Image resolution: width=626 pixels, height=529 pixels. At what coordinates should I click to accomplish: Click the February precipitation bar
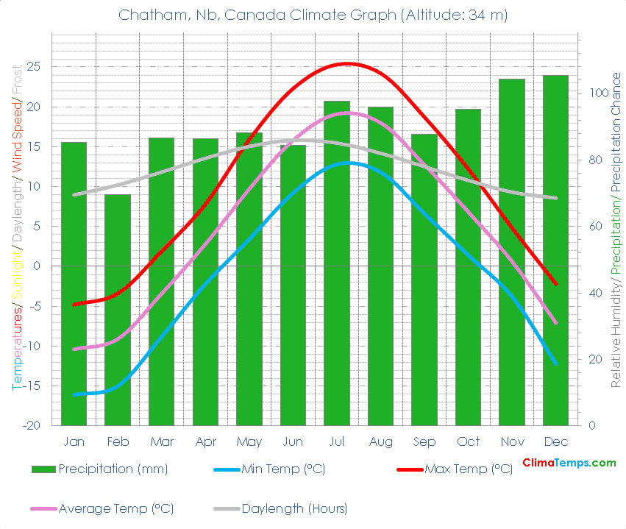coord(118,309)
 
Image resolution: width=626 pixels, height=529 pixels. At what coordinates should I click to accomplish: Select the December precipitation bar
coord(556,250)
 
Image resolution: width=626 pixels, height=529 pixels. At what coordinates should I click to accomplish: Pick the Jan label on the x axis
coord(74,441)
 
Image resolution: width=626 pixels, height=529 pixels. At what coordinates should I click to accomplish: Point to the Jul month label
coord(337,441)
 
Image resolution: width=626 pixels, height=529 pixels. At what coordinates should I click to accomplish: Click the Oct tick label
coord(468,441)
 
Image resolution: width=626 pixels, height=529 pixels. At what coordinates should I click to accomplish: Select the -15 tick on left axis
coord(32,386)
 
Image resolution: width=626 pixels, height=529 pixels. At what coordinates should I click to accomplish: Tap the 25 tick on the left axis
coord(34,67)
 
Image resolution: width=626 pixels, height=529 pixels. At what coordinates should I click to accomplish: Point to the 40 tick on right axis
coord(592,293)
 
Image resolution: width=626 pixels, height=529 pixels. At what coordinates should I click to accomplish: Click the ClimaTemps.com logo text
coord(569,463)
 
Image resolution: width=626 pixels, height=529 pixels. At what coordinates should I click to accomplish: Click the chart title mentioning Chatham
coord(313,15)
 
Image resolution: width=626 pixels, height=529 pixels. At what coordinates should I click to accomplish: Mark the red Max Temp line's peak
coord(347,63)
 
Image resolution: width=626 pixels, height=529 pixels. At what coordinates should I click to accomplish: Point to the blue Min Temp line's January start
coord(74,394)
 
